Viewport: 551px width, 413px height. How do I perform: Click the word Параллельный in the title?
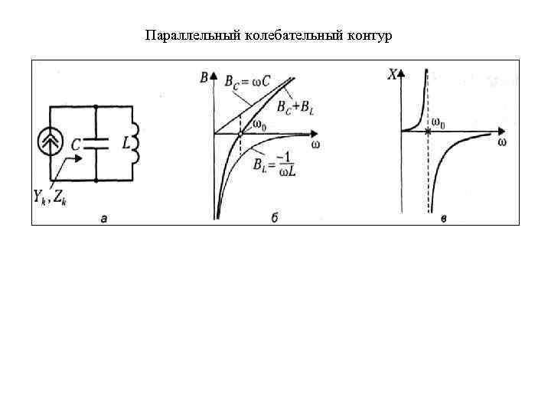(x=182, y=36)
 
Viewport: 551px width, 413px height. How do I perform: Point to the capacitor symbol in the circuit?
(x=96, y=143)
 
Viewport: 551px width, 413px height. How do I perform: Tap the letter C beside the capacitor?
(x=77, y=144)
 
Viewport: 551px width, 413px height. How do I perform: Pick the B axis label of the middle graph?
(x=204, y=76)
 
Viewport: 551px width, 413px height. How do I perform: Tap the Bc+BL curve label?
(x=295, y=107)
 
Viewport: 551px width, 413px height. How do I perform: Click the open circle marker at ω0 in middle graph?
(x=240, y=134)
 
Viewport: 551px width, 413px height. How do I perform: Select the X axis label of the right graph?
(x=393, y=75)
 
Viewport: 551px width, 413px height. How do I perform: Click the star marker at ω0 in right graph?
(x=428, y=132)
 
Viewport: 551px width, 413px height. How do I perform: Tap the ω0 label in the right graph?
(x=440, y=123)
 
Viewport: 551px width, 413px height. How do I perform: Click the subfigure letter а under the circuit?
(x=103, y=220)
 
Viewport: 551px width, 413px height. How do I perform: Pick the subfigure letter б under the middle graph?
(x=273, y=220)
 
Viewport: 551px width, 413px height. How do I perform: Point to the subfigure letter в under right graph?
(x=444, y=220)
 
